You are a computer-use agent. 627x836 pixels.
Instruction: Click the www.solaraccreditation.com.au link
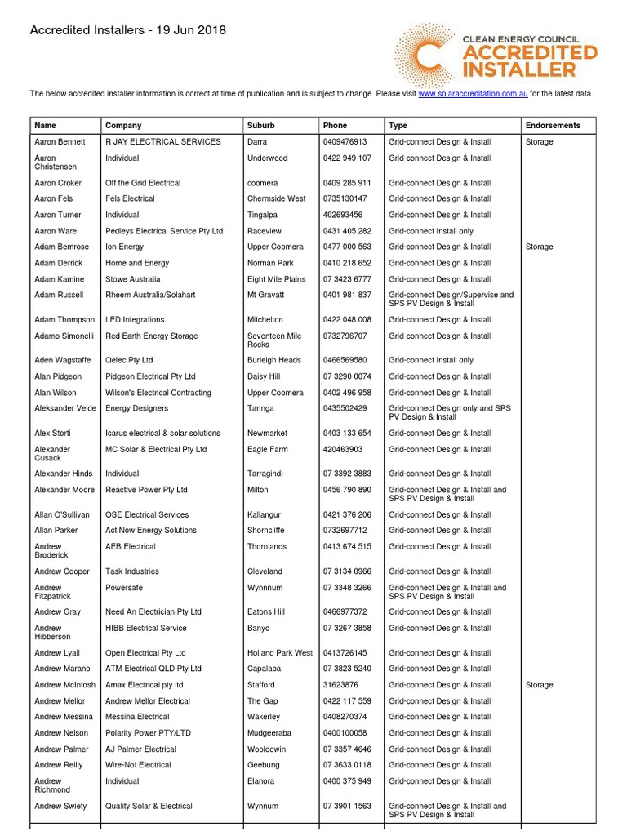(x=473, y=94)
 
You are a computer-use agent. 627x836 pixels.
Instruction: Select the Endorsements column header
(x=554, y=126)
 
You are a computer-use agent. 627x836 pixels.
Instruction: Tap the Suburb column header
(x=261, y=126)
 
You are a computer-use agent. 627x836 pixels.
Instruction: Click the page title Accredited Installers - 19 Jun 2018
(x=128, y=31)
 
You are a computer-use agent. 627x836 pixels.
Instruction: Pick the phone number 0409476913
(x=345, y=142)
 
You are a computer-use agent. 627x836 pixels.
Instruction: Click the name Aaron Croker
(x=58, y=183)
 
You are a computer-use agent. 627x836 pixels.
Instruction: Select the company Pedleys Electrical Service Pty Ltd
(x=164, y=231)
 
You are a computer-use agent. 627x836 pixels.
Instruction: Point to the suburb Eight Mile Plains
(x=277, y=279)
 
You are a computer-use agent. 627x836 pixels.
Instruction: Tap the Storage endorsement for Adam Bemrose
(x=540, y=247)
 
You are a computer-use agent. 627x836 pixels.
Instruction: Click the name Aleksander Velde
(x=66, y=408)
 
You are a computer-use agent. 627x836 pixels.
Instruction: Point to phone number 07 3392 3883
(x=347, y=474)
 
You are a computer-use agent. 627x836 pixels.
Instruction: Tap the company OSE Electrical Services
(x=147, y=514)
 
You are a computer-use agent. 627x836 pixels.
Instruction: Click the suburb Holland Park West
(x=280, y=653)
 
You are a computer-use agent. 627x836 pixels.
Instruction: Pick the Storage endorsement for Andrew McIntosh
(x=540, y=685)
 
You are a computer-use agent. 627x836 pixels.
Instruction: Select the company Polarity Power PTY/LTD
(x=152, y=733)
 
